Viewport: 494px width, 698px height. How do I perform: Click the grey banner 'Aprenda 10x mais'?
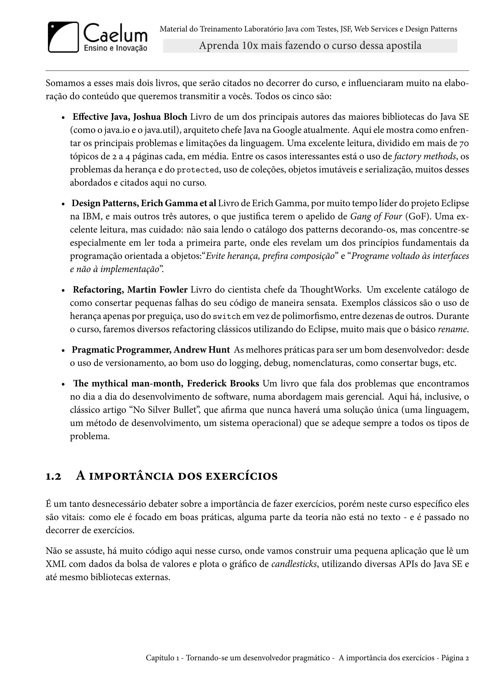310,46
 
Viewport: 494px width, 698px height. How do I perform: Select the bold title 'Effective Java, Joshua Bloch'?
130,117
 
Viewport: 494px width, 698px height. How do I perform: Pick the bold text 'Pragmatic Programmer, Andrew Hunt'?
151,350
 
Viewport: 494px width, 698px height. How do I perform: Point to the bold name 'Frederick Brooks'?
223,384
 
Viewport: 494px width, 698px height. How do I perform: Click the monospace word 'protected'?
198,170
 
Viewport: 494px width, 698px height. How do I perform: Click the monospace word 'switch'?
227,317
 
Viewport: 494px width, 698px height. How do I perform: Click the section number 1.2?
54,476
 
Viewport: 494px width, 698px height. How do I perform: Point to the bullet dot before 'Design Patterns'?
63,204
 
